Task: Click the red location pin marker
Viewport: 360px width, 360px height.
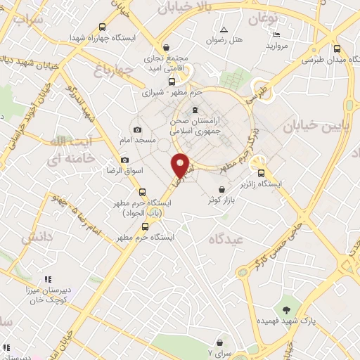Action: coord(181,165)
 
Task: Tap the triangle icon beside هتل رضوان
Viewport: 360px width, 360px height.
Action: coord(224,30)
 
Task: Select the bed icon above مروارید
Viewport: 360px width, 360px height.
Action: coord(276,34)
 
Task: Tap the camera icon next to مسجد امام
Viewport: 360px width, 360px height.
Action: coord(137,129)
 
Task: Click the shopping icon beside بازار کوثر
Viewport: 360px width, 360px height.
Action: coord(223,189)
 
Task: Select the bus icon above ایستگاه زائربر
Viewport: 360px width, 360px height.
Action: coord(262,173)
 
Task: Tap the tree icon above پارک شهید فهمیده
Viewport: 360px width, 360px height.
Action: coord(286,309)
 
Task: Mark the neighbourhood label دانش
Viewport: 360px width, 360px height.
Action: coord(37,238)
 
